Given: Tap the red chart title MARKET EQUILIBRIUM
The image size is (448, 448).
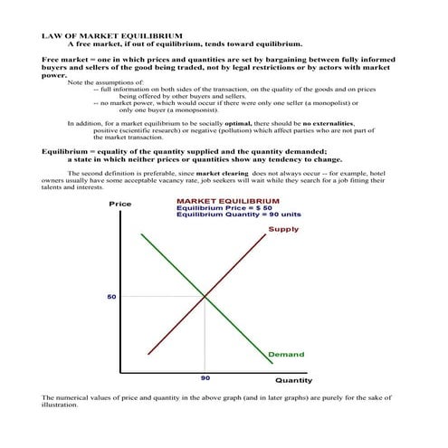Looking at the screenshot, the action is coord(228,201).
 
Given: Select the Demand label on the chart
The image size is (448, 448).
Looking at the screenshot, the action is coord(286,354).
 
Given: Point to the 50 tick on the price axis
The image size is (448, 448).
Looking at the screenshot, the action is coord(111,296).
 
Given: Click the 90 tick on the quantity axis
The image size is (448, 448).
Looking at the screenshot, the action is coord(205,378).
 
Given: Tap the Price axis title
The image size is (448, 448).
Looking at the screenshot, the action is coord(119,205).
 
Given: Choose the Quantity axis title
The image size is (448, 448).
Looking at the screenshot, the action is coord(293,381).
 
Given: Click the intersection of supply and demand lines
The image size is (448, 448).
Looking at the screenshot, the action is coord(205,296).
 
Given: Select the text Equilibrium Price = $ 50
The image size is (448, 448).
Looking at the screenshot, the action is coord(224,208).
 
